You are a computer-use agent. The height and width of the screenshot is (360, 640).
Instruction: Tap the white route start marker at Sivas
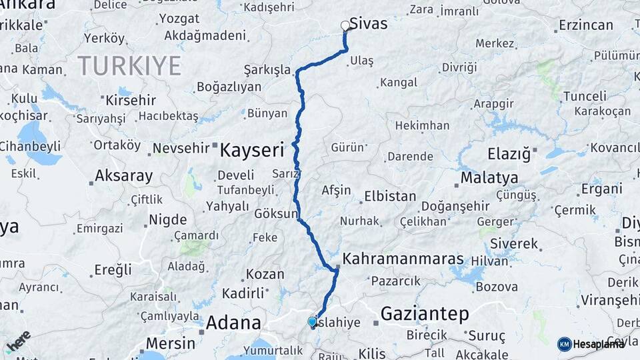[345, 26]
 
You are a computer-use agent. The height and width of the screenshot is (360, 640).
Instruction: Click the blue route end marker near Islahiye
[312, 322]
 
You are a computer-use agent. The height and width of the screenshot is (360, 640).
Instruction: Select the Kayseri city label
[252, 149]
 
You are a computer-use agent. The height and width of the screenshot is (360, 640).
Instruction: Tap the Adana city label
[233, 323]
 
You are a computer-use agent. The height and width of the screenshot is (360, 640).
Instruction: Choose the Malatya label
[489, 178]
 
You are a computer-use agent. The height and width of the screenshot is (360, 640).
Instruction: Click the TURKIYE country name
[129, 66]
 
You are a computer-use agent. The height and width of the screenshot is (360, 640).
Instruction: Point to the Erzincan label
[586, 25]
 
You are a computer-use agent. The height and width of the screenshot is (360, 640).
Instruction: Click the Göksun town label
[276, 214]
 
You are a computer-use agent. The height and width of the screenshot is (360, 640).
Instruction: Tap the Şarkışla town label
[267, 69]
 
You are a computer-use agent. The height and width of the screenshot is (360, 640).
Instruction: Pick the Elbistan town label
[390, 197]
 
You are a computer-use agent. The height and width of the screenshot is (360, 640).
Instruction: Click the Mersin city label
[170, 343]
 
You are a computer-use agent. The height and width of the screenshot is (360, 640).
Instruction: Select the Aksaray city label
[124, 177]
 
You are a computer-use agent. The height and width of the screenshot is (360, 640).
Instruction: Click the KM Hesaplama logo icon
[565, 344]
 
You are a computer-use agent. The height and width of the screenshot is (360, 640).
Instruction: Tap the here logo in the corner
[18, 341]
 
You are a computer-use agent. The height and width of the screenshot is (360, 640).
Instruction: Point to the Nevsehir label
[181, 148]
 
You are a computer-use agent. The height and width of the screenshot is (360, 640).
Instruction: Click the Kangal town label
[398, 83]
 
